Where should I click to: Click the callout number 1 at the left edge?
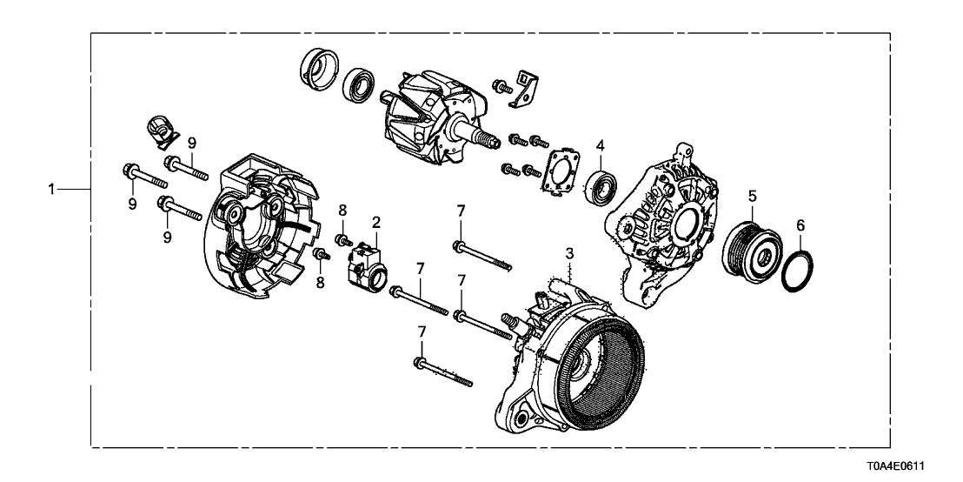point(52,188)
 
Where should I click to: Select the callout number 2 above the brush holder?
point(376,223)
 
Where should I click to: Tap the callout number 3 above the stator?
point(569,253)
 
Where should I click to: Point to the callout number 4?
point(600,146)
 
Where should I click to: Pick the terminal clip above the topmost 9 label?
point(158,131)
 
